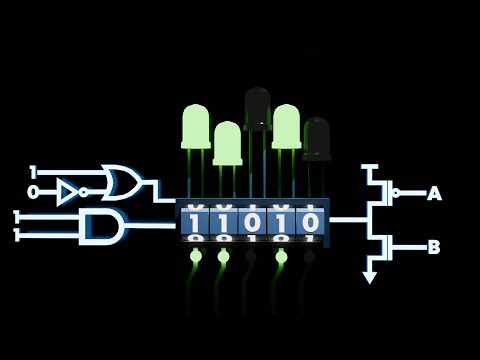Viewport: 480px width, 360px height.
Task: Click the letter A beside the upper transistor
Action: [434, 194]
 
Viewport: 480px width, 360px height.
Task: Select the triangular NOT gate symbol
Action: [67, 191]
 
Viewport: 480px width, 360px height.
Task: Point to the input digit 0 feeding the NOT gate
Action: [33, 191]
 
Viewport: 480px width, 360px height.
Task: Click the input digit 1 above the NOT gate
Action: [33, 170]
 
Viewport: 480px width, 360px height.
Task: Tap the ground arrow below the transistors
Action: [370, 276]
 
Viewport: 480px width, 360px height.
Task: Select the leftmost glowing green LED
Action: [195, 127]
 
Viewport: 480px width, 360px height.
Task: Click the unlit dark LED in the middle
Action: [258, 108]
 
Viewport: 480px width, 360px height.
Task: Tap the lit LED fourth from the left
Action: [287, 126]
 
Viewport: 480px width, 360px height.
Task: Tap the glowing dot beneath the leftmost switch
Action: [195, 257]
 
